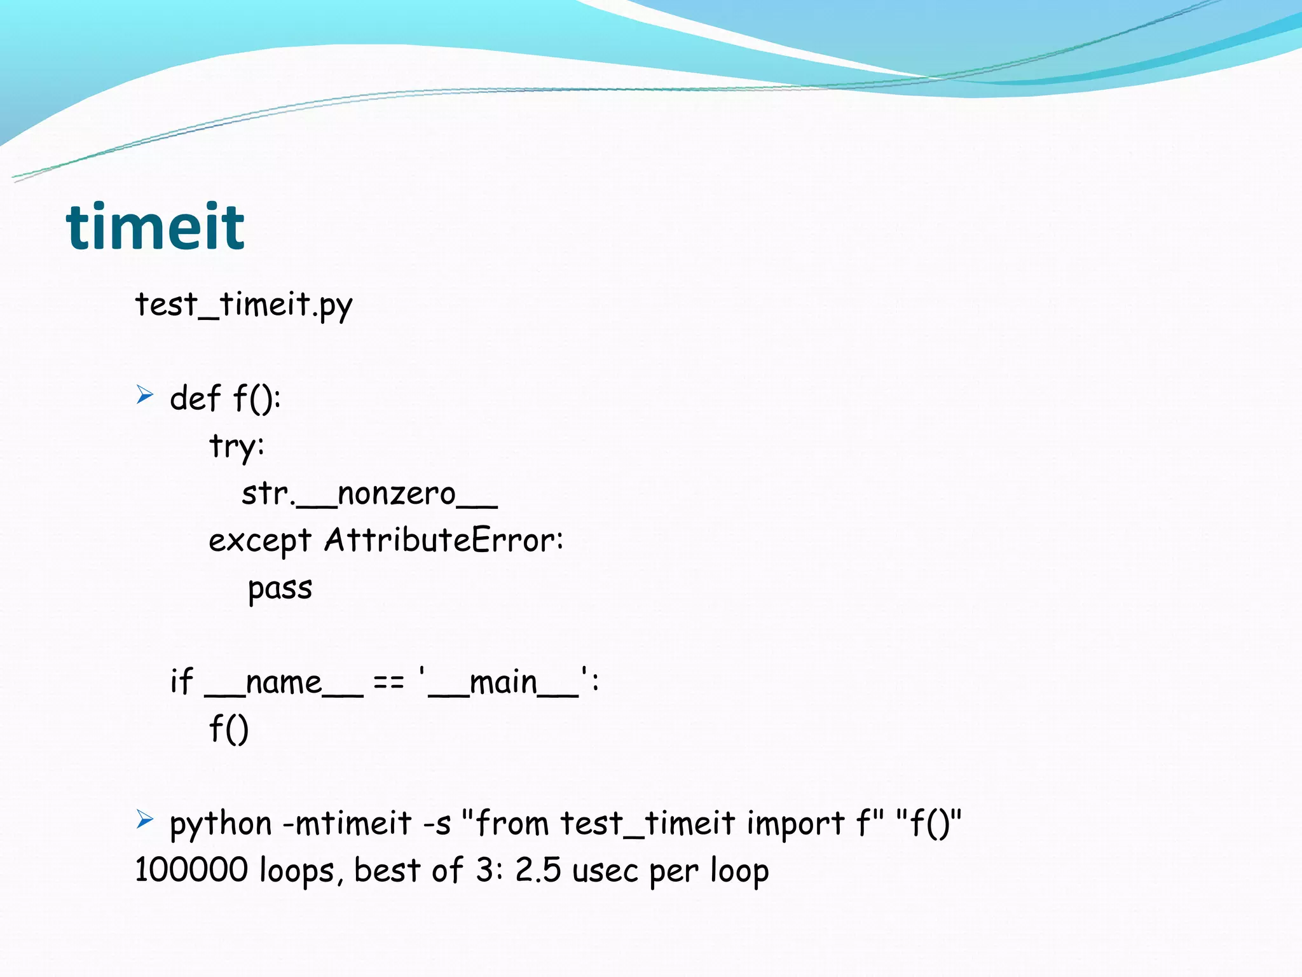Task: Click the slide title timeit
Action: [x=155, y=226]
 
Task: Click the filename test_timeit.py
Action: [x=243, y=305]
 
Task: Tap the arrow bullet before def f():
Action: [x=145, y=396]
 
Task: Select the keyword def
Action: [x=195, y=399]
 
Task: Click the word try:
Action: [x=236, y=447]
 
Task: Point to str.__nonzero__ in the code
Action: [x=369, y=494]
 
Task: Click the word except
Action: [x=260, y=542]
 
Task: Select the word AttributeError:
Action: [x=444, y=541]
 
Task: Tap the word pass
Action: [x=280, y=589]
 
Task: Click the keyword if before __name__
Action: [x=181, y=682]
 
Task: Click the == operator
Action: [x=388, y=683]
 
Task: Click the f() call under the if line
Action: [x=229, y=729]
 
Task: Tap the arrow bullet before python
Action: [x=145, y=819]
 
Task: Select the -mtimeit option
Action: [x=347, y=823]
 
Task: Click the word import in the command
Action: [x=795, y=824]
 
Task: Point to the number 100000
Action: [x=191, y=870]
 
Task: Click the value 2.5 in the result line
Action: [x=538, y=870]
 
